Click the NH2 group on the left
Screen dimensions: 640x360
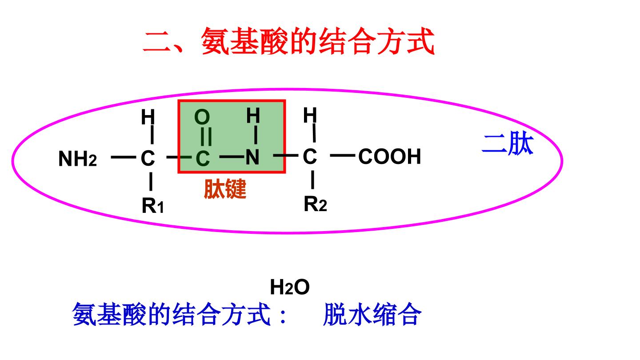(78, 159)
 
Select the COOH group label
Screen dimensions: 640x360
(390, 156)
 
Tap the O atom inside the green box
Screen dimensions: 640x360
(202, 117)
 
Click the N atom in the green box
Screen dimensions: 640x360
(252, 157)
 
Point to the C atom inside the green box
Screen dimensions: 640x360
(203, 158)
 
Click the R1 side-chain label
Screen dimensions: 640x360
(153, 205)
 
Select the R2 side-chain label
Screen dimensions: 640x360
(316, 204)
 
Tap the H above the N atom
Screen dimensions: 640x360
(253, 116)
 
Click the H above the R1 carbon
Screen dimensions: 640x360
(148, 117)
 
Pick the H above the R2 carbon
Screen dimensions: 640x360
(310, 115)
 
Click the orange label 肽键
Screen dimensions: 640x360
(225, 189)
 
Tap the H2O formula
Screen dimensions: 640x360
(290, 287)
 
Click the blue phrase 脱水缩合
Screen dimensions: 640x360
(372, 315)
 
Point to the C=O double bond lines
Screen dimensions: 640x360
(206, 136)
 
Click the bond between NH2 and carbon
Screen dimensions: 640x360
(124, 157)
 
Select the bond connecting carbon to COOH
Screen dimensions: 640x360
(343, 156)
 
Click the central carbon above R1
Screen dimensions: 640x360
(148, 158)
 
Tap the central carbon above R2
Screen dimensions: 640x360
(310, 156)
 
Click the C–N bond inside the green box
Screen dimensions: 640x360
(232, 156)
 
